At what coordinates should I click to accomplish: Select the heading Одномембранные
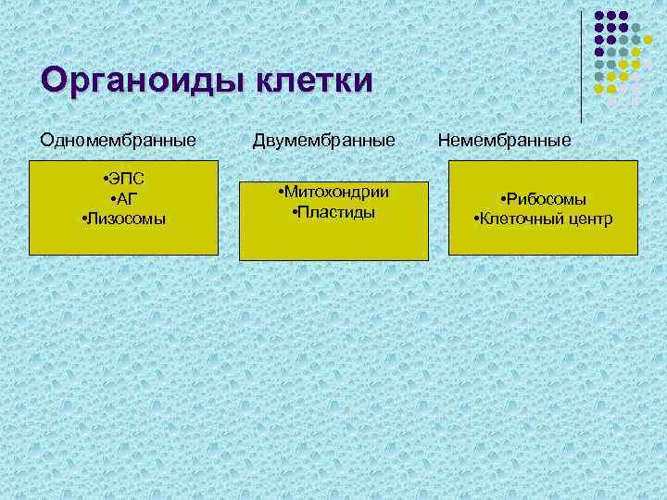click(118, 141)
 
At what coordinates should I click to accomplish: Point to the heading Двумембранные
click(324, 141)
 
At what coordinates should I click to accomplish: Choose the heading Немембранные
click(504, 141)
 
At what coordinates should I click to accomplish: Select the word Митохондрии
click(336, 193)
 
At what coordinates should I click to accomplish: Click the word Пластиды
click(336, 212)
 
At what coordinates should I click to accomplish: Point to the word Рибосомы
click(547, 200)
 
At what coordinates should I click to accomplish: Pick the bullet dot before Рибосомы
click(501, 201)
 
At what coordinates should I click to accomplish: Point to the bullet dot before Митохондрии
click(280, 194)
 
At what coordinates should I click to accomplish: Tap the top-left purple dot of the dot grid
click(600, 16)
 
